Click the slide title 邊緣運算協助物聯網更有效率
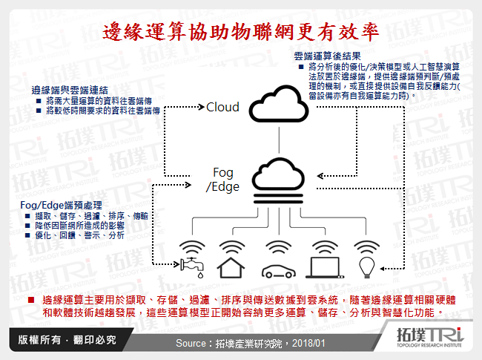click(241, 32)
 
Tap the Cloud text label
click(222, 107)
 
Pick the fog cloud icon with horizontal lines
click(278, 180)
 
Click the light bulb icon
click(366, 258)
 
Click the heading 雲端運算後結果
click(327, 56)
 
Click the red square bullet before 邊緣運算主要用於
click(30, 299)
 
